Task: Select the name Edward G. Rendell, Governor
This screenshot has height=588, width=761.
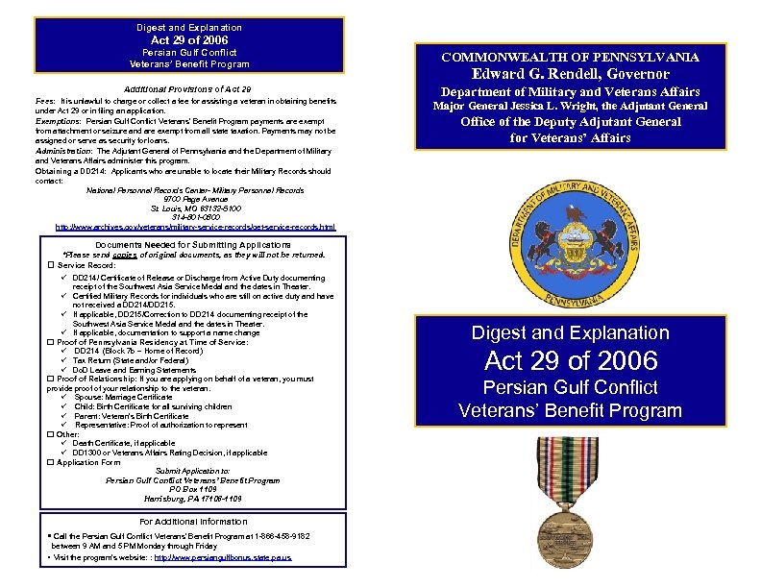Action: (x=570, y=74)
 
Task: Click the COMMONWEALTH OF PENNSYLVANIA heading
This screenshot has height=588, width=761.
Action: (x=570, y=58)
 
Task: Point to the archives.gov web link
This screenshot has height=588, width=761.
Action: (x=195, y=228)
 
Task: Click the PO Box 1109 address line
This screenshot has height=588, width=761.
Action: (x=193, y=489)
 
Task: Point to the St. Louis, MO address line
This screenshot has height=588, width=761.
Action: (x=193, y=208)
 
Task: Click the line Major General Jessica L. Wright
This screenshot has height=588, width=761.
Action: (x=570, y=107)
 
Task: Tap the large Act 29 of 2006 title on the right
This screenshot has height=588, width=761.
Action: (x=571, y=361)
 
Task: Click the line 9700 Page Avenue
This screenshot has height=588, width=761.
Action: (x=193, y=199)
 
